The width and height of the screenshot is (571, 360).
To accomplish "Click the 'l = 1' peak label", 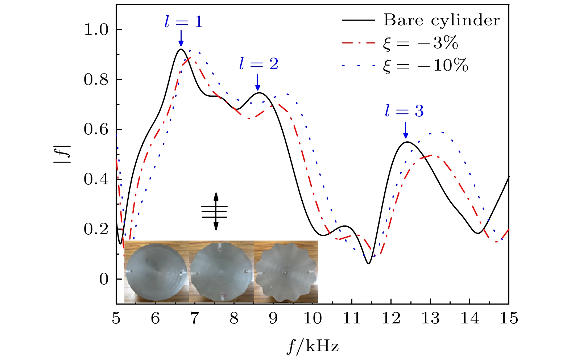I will point(183,22).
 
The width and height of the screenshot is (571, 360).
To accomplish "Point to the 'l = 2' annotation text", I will point(258,64).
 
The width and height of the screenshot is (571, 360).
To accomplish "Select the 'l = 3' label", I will point(404,111).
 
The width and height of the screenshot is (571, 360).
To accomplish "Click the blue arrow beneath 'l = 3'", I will point(405,130).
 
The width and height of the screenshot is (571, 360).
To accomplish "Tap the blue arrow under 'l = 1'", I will point(181,38).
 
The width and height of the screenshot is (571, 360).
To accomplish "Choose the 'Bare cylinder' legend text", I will point(442,20).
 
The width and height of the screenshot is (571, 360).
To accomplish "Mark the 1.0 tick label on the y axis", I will point(96,30).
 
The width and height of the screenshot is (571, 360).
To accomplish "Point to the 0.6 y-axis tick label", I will point(96,130).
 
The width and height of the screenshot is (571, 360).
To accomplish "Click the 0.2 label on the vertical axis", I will point(96,229).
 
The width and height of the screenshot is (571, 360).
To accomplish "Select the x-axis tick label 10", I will point(312,319).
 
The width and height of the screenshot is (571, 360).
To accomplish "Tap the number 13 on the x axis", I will point(430,319).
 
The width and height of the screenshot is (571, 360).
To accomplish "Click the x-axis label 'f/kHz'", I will point(313,347).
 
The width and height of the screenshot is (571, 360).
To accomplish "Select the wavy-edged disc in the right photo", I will point(286,272).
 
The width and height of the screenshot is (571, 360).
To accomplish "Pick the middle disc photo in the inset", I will point(221,272).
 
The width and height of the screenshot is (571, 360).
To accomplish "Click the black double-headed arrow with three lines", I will point(215,212).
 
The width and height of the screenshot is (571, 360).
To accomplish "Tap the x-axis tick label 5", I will point(116,319).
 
